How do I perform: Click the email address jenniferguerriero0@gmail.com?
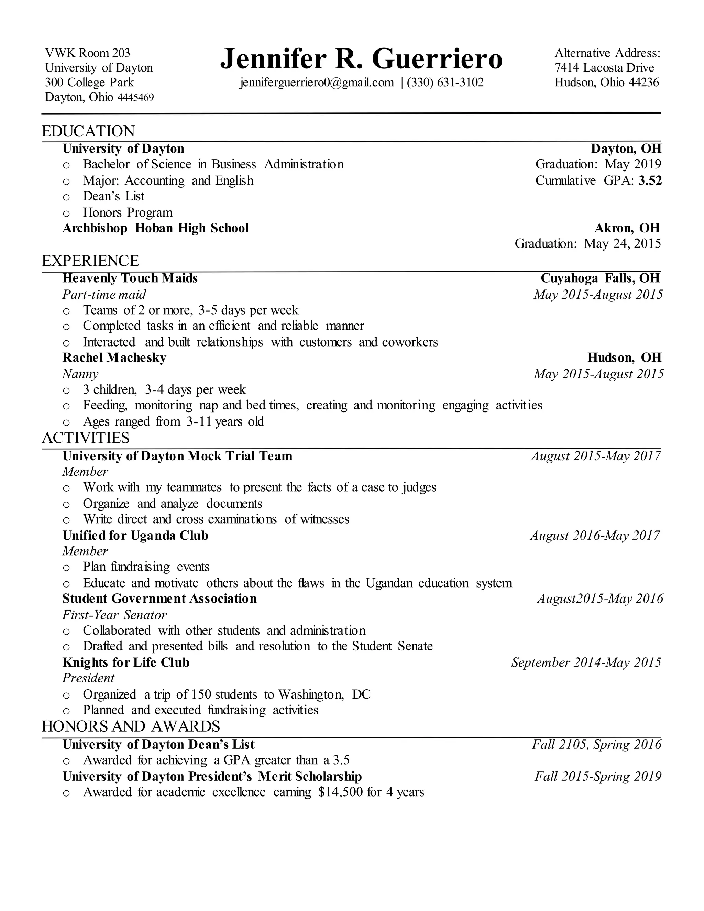pyautogui.click(x=317, y=83)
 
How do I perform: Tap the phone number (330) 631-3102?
pyautogui.click(x=445, y=83)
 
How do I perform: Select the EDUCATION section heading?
pyautogui.click(x=88, y=131)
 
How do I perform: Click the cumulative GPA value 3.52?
pyautogui.click(x=650, y=180)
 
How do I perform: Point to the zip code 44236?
pyautogui.click(x=643, y=83)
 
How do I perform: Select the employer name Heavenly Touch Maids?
pyautogui.click(x=130, y=278)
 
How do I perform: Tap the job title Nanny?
pyautogui.click(x=80, y=374)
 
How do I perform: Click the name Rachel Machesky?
pyautogui.click(x=114, y=358)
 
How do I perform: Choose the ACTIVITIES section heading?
pyautogui.click(x=86, y=438)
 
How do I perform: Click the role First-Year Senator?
pyautogui.click(x=114, y=615)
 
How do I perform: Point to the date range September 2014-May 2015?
pyautogui.click(x=586, y=662)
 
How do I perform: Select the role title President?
pyautogui.click(x=88, y=678)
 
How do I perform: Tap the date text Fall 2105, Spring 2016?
pyautogui.click(x=596, y=745)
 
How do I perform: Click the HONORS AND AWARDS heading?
pyautogui.click(x=131, y=727)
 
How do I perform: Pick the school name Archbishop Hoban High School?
pyautogui.click(x=156, y=228)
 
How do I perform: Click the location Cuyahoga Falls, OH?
pyautogui.click(x=600, y=278)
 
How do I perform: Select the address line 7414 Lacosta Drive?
pyautogui.click(x=604, y=68)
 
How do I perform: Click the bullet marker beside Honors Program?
pyautogui.click(x=66, y=213)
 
